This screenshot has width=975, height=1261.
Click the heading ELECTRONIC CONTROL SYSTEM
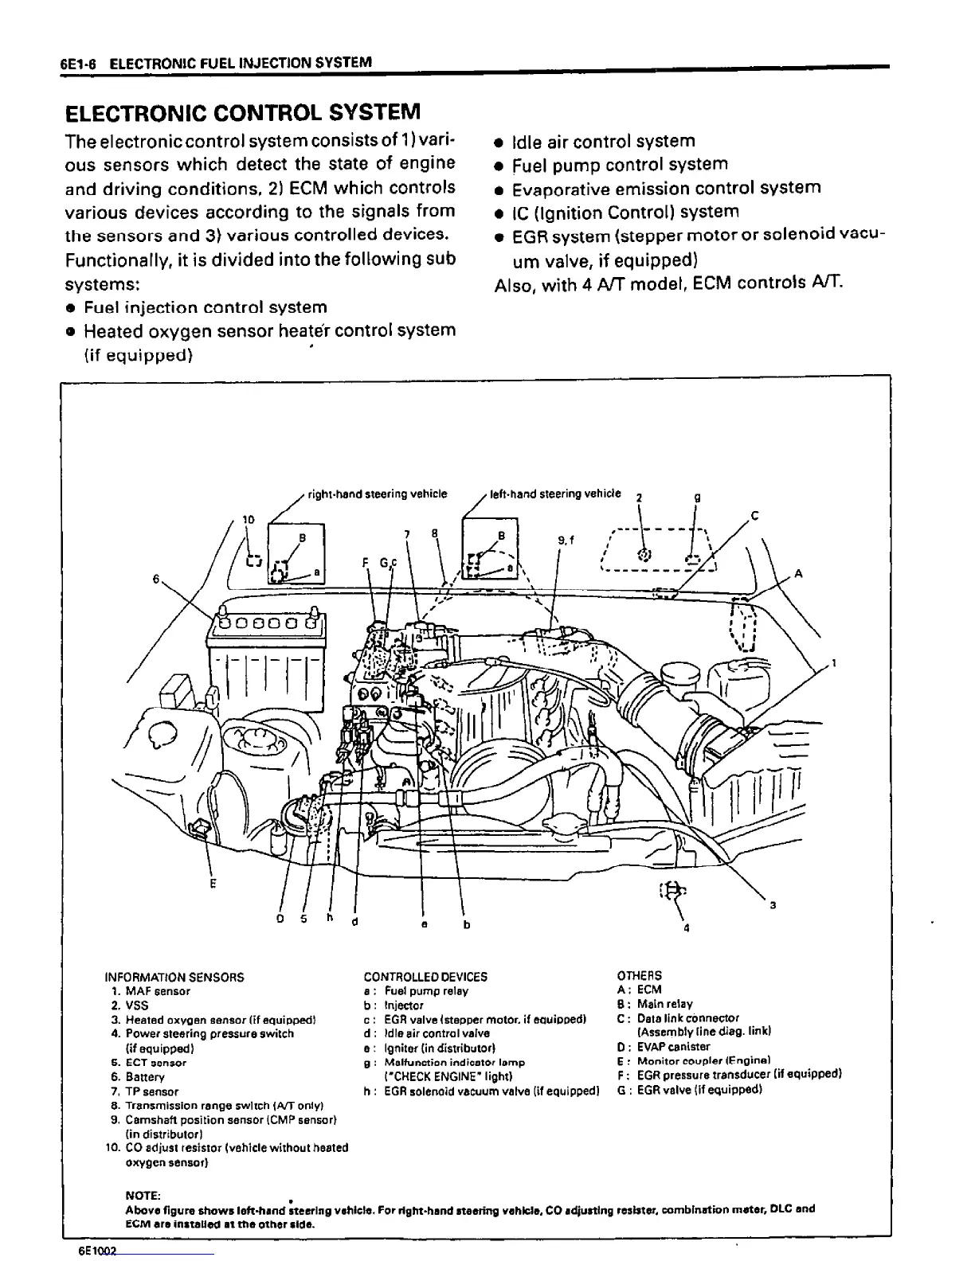coord(241,111)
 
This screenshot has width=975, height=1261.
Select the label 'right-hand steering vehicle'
coord(378,494)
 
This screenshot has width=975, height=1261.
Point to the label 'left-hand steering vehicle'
coord(555,494)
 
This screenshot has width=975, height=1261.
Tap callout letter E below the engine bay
coord(213,883)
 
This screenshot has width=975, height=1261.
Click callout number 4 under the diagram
coord(687,928)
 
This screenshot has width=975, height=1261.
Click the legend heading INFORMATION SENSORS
coord(174,977)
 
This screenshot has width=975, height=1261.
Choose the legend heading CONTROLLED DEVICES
coord(425,977)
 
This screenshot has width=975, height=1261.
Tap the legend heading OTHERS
coord(639,975)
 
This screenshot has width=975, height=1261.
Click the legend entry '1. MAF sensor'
coord(151,991)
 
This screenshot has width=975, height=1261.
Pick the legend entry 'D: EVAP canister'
coord(664,1047)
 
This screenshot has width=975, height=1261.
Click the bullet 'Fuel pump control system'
coord(620,165)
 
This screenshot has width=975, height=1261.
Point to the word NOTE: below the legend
coord(143,1196)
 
